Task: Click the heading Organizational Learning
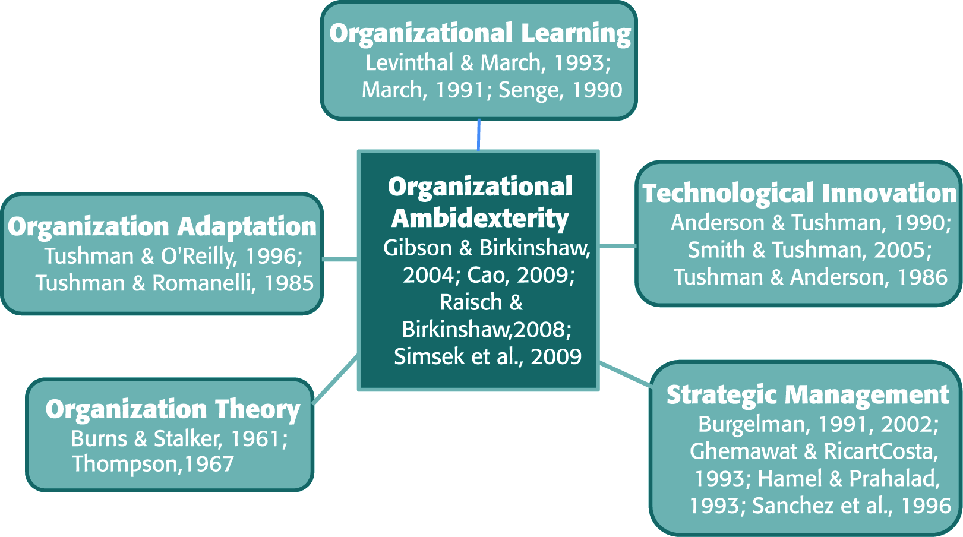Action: (x=480, y=33)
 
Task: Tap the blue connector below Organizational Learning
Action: (x=478, y=135)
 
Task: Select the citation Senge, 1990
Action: (x=560, y=90)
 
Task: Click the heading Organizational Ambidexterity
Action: (x=480, y=202)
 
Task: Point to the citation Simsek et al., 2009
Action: (x=488, y=356)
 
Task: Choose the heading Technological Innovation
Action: (x=800, y=193)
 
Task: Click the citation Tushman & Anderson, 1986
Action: (x=810, y=277)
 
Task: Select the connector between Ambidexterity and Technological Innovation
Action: (x=618, y=246)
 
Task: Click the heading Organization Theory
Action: (x=173, y=409)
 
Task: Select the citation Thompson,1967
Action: (x=153, y=464)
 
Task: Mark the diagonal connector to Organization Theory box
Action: (x=335, y=379)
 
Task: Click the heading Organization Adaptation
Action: (x=162, y=226)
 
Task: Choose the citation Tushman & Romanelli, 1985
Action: (x=175, y=283)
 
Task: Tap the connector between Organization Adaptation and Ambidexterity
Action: (x=340, y=259)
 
